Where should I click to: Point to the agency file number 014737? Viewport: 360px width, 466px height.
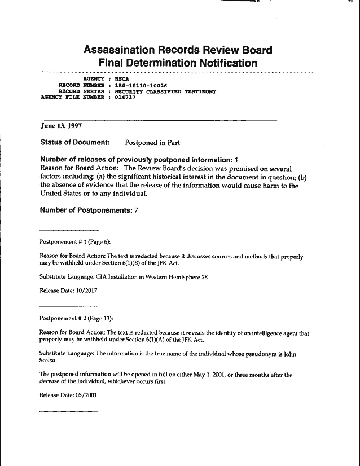coord(125,96)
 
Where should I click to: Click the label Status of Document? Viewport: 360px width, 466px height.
coord(75,142)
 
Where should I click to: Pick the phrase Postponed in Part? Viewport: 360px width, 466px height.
coord(152,142)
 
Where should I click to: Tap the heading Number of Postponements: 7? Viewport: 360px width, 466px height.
coord(89,210)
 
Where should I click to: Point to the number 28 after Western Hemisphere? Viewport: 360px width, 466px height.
coord(205,277)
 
